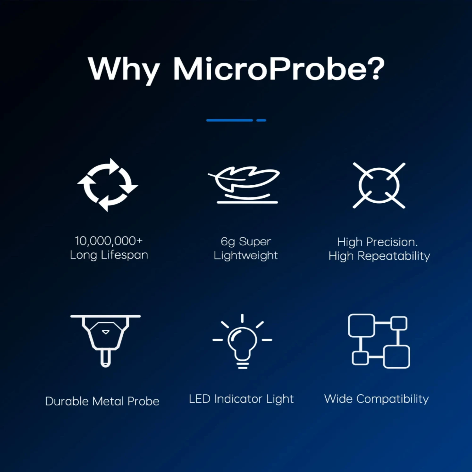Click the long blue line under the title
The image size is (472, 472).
pos(229,120)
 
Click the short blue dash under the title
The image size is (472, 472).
pos(261,120)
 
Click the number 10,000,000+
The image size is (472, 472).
pos(109,241)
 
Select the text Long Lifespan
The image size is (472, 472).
pos(109,255)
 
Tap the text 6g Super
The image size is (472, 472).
pos(246,242)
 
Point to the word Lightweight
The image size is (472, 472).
pos(246,256)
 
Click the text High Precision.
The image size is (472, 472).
pos(378,242)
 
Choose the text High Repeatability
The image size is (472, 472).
pos(379,256)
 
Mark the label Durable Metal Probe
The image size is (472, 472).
pos(102,401)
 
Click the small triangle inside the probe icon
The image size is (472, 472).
pos(106,332)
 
